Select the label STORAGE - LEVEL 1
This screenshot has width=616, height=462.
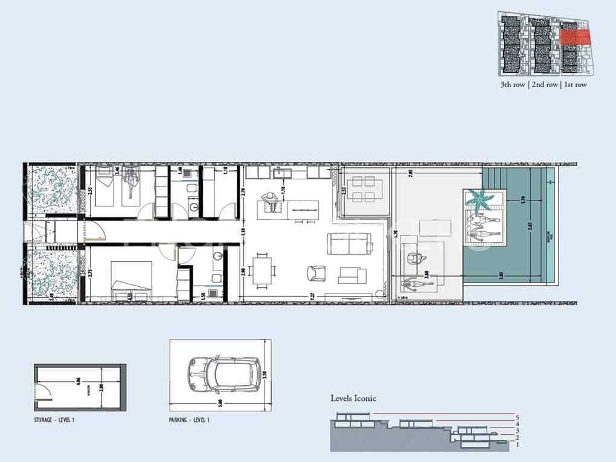56,419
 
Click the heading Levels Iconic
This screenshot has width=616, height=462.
353,398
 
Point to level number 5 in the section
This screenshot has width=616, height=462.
518,417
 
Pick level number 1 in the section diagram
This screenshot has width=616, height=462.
518,444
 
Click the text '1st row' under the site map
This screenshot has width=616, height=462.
575,85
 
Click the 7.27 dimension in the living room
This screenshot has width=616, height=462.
312,297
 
